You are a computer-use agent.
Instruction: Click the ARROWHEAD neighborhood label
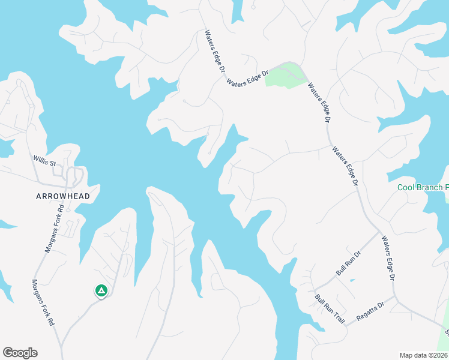[62, 196]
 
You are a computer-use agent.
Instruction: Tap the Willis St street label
[44, 163]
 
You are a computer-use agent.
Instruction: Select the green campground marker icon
[101, 291]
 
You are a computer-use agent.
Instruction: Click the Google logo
[20, 353]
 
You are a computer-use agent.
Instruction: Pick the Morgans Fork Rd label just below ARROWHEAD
[54, 230]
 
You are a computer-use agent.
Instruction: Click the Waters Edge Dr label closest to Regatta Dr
[388, 259]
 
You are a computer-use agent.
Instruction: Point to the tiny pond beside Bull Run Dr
[351, 280]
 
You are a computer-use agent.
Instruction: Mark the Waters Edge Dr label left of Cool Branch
[345, 166]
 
